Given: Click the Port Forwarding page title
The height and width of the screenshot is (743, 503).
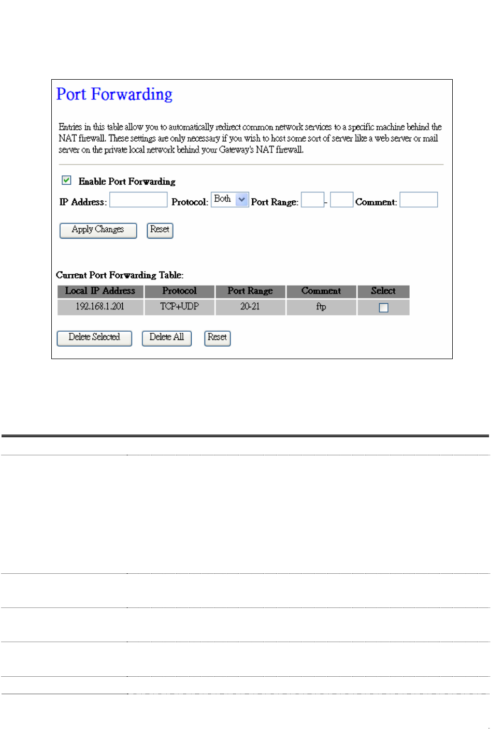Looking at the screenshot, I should pyautogui.click(x=114, y=94).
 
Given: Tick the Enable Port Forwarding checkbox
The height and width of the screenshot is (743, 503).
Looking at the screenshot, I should pyautogui.click(x=66, y=180).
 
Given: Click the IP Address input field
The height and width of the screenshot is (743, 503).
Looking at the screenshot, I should pyautogui.click(x=138, y=200).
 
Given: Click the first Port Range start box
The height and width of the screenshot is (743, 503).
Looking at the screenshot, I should pyautogui.click(x=312, y=200).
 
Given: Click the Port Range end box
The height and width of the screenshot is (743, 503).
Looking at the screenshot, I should pyautogui.click(x=341, y=200).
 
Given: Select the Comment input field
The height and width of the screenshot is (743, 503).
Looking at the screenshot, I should pyautogui.click(x=419, y=200).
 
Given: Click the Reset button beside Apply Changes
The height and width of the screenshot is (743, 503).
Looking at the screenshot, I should pyautogui.click(x=160, y=230).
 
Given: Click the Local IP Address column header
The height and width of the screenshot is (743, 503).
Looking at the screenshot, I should pyautogui.click(x=100, y=291).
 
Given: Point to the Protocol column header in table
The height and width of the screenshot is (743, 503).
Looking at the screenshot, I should pyautogui.click(x=179, y=291).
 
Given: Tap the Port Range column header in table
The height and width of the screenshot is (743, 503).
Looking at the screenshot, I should pyautogui.click(x=250, y=291).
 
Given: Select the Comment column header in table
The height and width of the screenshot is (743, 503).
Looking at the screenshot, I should pyautogui.click(x=321, y=291).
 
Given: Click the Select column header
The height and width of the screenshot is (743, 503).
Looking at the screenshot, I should pyautogui.click(x=383, y=291).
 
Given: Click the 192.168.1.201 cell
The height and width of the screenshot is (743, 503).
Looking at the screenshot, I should pyautogui.click(x=100, y=307).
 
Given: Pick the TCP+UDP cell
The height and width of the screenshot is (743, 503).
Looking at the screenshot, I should pyautogui.click(x=179, y=307).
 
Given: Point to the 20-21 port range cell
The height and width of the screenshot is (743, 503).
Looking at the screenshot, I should pyautogui.click(x=250, y=307).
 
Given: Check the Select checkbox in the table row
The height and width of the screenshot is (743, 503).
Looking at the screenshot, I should pyautogui.click(x=383, y=308).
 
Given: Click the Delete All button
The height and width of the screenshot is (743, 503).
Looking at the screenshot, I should pyautogui.click(x=166, y=338).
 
